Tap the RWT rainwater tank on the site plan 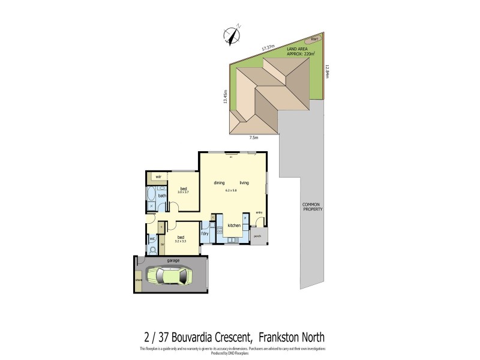(315, 39)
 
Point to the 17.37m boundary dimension (268, 46)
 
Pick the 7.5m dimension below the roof (254, 138)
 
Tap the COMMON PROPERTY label (313, 207)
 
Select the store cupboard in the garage (139, 280)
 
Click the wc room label (152, 238)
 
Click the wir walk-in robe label (158, 177)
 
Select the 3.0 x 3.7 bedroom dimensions (183, 191)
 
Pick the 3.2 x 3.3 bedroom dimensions (181, 241)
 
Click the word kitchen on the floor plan (234, 225)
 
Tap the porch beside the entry (259, 236)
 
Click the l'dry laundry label (205, 233)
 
